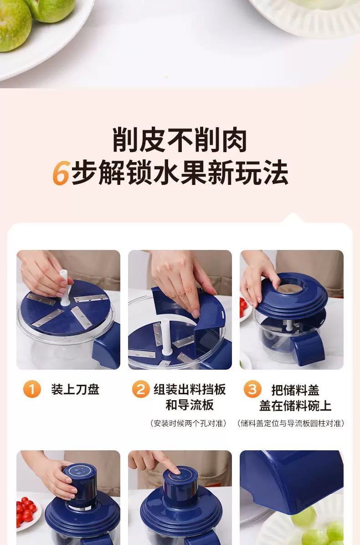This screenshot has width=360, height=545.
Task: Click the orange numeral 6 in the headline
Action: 61,173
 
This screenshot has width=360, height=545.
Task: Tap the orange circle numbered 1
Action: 32,389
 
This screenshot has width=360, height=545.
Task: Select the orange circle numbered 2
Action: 141,389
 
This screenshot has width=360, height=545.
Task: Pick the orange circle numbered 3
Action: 252,389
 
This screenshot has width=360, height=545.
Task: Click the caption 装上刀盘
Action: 75,389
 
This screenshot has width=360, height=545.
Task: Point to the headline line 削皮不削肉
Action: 180,140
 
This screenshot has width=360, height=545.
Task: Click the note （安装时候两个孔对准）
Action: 188,423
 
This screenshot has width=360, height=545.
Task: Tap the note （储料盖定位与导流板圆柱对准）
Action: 291,423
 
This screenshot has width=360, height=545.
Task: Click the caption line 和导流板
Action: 190,405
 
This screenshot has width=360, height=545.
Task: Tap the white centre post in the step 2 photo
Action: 165,336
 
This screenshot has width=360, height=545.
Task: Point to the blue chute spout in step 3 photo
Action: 308,349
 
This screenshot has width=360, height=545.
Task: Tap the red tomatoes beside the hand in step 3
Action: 243,308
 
